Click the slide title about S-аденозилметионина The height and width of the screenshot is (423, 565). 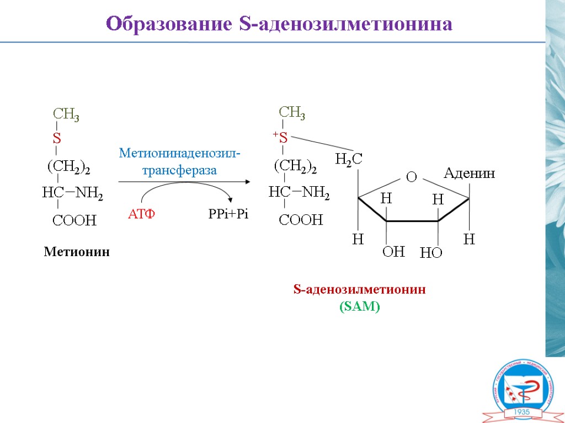click(279, 24)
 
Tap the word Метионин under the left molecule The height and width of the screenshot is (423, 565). click(77, 252)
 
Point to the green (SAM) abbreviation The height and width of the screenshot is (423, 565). click(359, 307)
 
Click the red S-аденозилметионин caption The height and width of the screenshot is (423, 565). click(359, 290)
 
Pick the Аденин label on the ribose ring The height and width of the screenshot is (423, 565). click(470, 174)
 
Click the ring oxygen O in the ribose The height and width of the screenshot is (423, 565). click(411, 177)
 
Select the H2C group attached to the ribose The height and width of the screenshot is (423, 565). click(349, 160)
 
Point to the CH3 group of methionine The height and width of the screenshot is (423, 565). click(66, 114)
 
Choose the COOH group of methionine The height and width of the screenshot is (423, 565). click(74, 221)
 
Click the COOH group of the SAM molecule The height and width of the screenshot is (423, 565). click(301, 220)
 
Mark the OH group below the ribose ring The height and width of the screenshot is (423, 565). click(393, 252)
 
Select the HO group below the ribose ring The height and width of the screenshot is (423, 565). click(431, 253)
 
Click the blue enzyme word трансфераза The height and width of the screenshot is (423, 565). click(179, 171)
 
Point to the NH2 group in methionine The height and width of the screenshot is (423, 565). click(89, 193)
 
